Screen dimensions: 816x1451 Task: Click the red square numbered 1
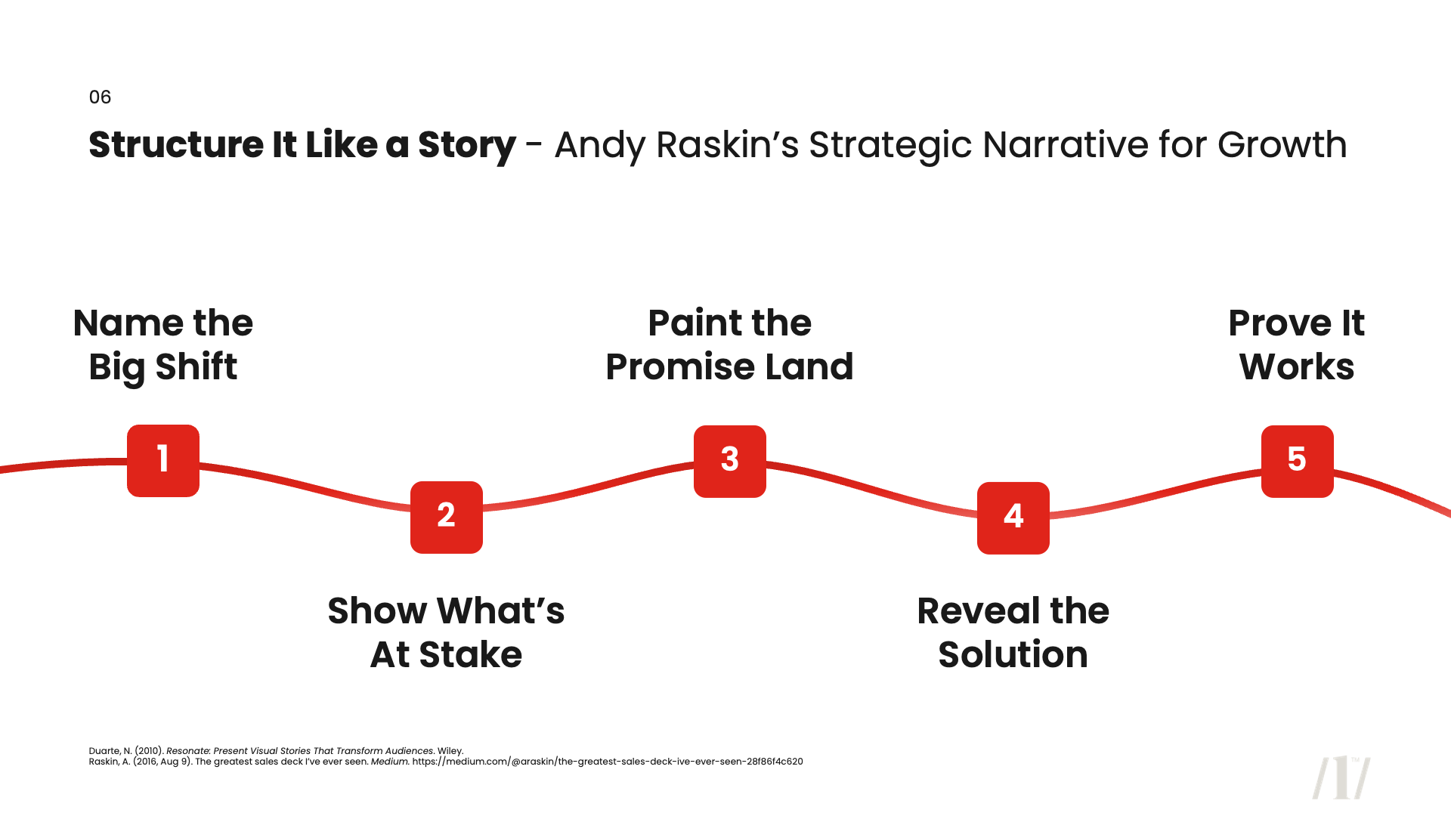[x=163, y=461]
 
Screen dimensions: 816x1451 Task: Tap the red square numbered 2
[x=447, y=518]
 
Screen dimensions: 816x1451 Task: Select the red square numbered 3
[x=730, y=461]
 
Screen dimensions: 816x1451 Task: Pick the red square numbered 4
[x=1013, y=518]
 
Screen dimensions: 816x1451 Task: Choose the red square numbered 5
[x=1297, y=461]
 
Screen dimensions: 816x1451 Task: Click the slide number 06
[x=100, y=97]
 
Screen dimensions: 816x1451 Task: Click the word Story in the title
[x=466, y=145]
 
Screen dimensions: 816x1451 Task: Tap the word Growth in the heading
[x=1282, y=145]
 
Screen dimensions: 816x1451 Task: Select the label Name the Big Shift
[x=163, y=345]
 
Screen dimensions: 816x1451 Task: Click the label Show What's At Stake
[x=446, y=632]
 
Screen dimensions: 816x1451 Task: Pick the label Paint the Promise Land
[x=729, y=345]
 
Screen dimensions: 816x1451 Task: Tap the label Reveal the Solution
[x=1013, y=632]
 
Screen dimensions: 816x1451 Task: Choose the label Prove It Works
[x=1296, y=345]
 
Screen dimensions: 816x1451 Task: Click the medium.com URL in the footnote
[x=607, y=762]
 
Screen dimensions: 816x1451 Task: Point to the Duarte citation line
[x=276, y=751]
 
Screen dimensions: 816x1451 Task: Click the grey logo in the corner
[x=1341, y=777]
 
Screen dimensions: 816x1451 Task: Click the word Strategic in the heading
[x=889, y=145]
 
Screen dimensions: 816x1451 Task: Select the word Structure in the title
[x=176, y=145]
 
